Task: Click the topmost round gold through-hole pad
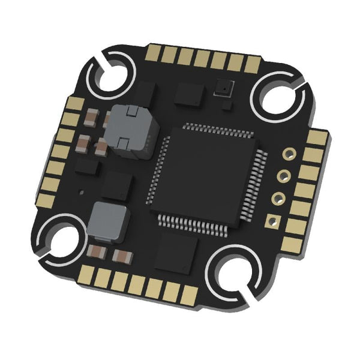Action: click(x=289, y=154)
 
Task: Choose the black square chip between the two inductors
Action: click(x=116, y=185)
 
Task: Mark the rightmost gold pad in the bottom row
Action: click(x=191, y=295)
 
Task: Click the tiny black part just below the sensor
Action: click(x=226, y=106)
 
